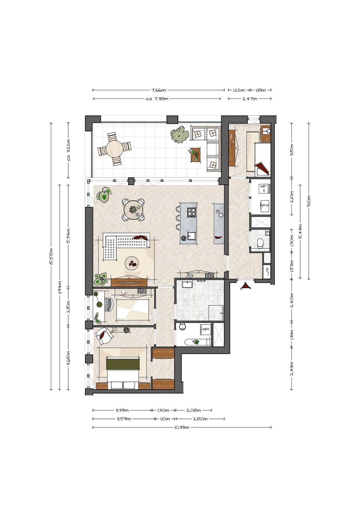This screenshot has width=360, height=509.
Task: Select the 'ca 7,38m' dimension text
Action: click(157, 99)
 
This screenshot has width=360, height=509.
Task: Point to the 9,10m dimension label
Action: click(309, 201)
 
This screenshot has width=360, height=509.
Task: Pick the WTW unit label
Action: click(265, 205)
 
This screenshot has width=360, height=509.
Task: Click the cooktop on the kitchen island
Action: click(192, 212)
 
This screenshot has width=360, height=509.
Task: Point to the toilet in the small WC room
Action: click(259, 243)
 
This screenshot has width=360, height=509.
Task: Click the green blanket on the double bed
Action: click(123, 364)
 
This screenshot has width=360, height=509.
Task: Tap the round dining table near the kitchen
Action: click(133, 209)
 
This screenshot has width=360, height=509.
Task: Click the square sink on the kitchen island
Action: click(191, 235)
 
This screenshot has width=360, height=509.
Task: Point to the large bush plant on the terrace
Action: click(180, 135)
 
